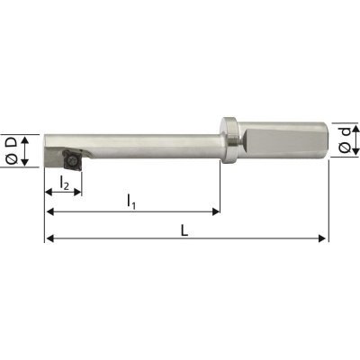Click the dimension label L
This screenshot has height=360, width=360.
coord(184,229)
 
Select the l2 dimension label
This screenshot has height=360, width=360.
coord(62,183)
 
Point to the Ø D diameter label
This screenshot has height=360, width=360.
coord(13,148)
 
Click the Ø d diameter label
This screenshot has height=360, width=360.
coord(346,139)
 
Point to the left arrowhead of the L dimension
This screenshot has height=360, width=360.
coord(49,238)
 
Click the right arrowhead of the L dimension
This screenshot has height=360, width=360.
coord(323,238)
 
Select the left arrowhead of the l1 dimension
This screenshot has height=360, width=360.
coord(49,212)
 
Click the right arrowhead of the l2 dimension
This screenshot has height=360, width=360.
coord(78,192)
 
